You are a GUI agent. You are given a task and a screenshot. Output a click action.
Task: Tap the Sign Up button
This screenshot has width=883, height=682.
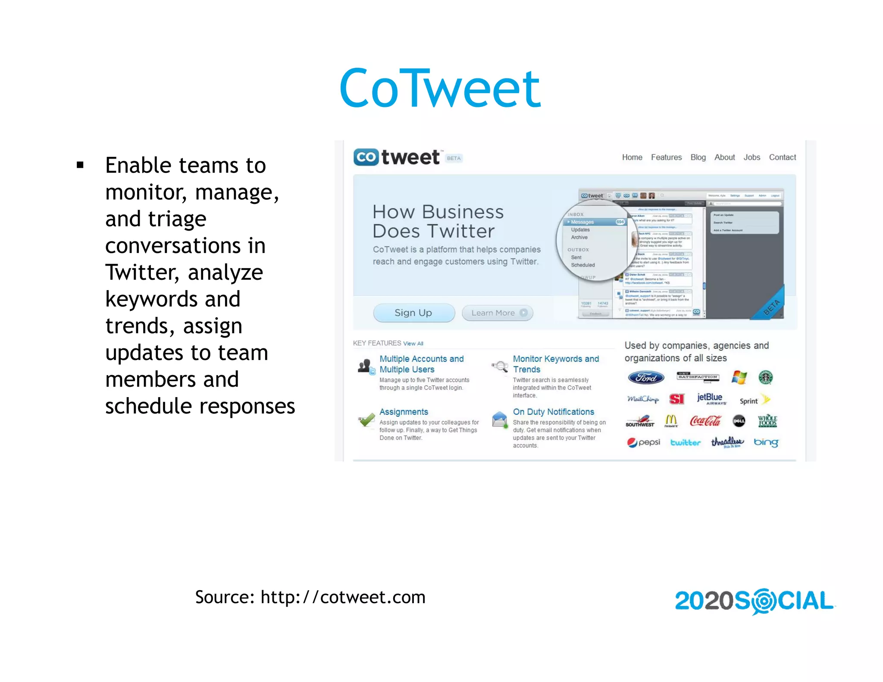[x=413, y=313]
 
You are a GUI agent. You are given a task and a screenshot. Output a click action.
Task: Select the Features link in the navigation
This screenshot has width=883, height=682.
[x=666, y=157]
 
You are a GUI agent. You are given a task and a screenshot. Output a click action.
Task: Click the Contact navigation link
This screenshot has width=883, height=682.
[x=782, y=157]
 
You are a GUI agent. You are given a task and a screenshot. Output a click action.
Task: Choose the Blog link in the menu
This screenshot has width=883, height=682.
[x=698, y=157]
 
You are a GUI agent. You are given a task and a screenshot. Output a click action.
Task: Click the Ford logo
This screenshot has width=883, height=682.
[x=646, y=378]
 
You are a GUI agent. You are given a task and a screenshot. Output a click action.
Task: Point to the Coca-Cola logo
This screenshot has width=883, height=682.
[x=705, y=421]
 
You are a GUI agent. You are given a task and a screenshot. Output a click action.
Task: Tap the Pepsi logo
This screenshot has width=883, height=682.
[x=643, y=442]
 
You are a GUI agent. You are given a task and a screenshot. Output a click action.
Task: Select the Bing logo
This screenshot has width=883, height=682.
[x=766, y=443]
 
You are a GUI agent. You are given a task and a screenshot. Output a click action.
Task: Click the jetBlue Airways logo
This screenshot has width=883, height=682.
[x=710, y=399]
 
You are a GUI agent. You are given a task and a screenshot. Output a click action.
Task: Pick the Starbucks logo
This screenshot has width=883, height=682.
[x=766, y=378]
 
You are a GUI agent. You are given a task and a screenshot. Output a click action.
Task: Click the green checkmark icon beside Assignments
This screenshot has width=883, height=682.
[x=367, y=419]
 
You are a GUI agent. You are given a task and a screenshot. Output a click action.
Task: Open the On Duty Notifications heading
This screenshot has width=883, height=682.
[x=553, y=412]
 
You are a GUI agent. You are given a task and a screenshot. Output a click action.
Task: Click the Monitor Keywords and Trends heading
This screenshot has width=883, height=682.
[x=555, y=364]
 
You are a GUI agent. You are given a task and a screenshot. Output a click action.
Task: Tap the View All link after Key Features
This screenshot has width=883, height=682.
[x=413, y=344]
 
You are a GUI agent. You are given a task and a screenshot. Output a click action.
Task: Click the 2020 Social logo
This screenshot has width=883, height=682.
[x=755, y=601]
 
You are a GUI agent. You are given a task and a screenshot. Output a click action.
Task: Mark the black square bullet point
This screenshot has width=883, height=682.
[x=80, y=165]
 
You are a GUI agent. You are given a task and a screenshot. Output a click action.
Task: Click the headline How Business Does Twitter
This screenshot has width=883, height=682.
[x=438, y=222]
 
